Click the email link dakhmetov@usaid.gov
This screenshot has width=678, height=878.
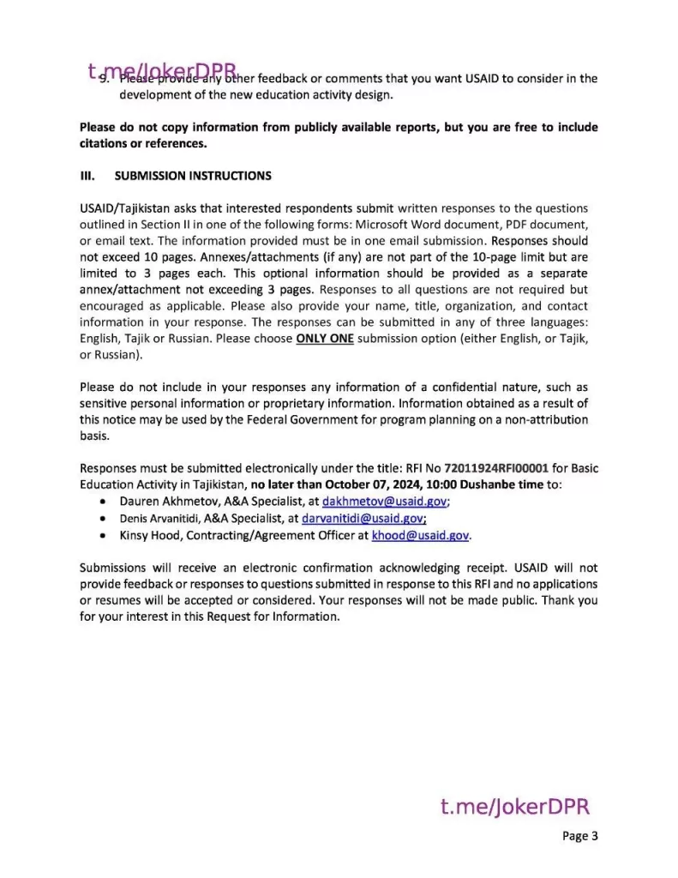point(385,502)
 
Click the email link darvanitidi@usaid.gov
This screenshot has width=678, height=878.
point(363,518)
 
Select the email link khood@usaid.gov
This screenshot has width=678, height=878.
point(420,535)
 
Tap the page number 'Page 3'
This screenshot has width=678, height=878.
point(580,836)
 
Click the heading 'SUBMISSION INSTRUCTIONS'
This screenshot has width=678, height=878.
point(193,176)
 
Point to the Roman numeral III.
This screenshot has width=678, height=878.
point(87,176)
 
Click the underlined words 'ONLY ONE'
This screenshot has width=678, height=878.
point(324,339)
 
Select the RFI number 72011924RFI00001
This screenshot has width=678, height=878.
point(495,469)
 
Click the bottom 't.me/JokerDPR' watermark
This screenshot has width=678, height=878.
point(515,807)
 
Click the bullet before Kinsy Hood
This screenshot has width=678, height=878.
point(104,535)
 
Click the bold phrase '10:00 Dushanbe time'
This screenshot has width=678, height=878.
point(480,485)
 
